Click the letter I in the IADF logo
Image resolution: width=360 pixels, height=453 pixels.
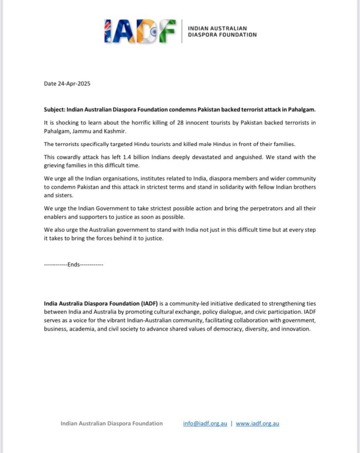click(108, 31)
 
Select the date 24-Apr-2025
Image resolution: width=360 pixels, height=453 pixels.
click(74, 84)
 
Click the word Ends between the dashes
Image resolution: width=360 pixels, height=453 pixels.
click(74, 264)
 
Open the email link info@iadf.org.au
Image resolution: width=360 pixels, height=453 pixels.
click(205, 423)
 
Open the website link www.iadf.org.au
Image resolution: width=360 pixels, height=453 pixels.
click(257, 423)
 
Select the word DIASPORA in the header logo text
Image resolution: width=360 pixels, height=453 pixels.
click(203, 35)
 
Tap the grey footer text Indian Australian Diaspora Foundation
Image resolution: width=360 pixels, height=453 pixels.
click(112, 423)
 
